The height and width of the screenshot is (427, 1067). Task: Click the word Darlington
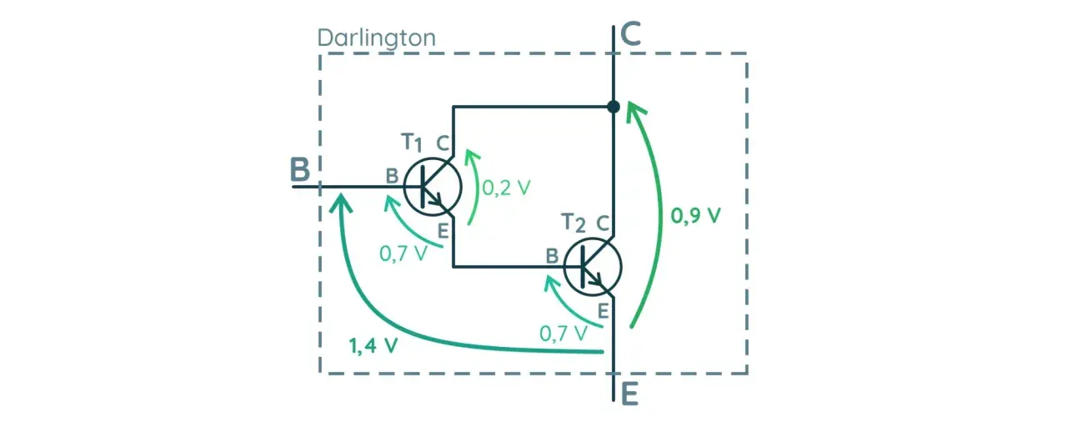click(x=376, y=38)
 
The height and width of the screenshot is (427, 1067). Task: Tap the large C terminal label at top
click(x=631, y=34)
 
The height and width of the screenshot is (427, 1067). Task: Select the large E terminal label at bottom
click(x=629, y=394)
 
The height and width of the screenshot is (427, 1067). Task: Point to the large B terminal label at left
click(x=299, y=169)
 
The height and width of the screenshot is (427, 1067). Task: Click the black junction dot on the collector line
click(x=614, y=106)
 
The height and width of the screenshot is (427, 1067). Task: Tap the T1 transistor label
click(x=412, y=143)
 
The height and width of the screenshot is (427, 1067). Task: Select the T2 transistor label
click(x=573, y=223)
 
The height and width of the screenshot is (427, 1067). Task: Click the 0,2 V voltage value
click(x=506, y=188)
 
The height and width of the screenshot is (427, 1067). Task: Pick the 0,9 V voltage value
click(x=695, y=216)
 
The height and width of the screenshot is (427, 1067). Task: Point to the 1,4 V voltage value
click(x=373, y=345)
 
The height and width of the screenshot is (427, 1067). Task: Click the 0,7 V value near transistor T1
click(x=403, y=254)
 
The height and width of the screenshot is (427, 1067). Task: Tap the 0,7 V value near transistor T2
click(x=563, y=334)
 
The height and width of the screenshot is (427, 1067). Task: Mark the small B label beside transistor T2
click(x=552, y=256)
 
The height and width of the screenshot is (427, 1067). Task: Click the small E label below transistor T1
click(x=443, y=232)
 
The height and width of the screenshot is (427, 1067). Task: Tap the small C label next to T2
click(x=603, y=223)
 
